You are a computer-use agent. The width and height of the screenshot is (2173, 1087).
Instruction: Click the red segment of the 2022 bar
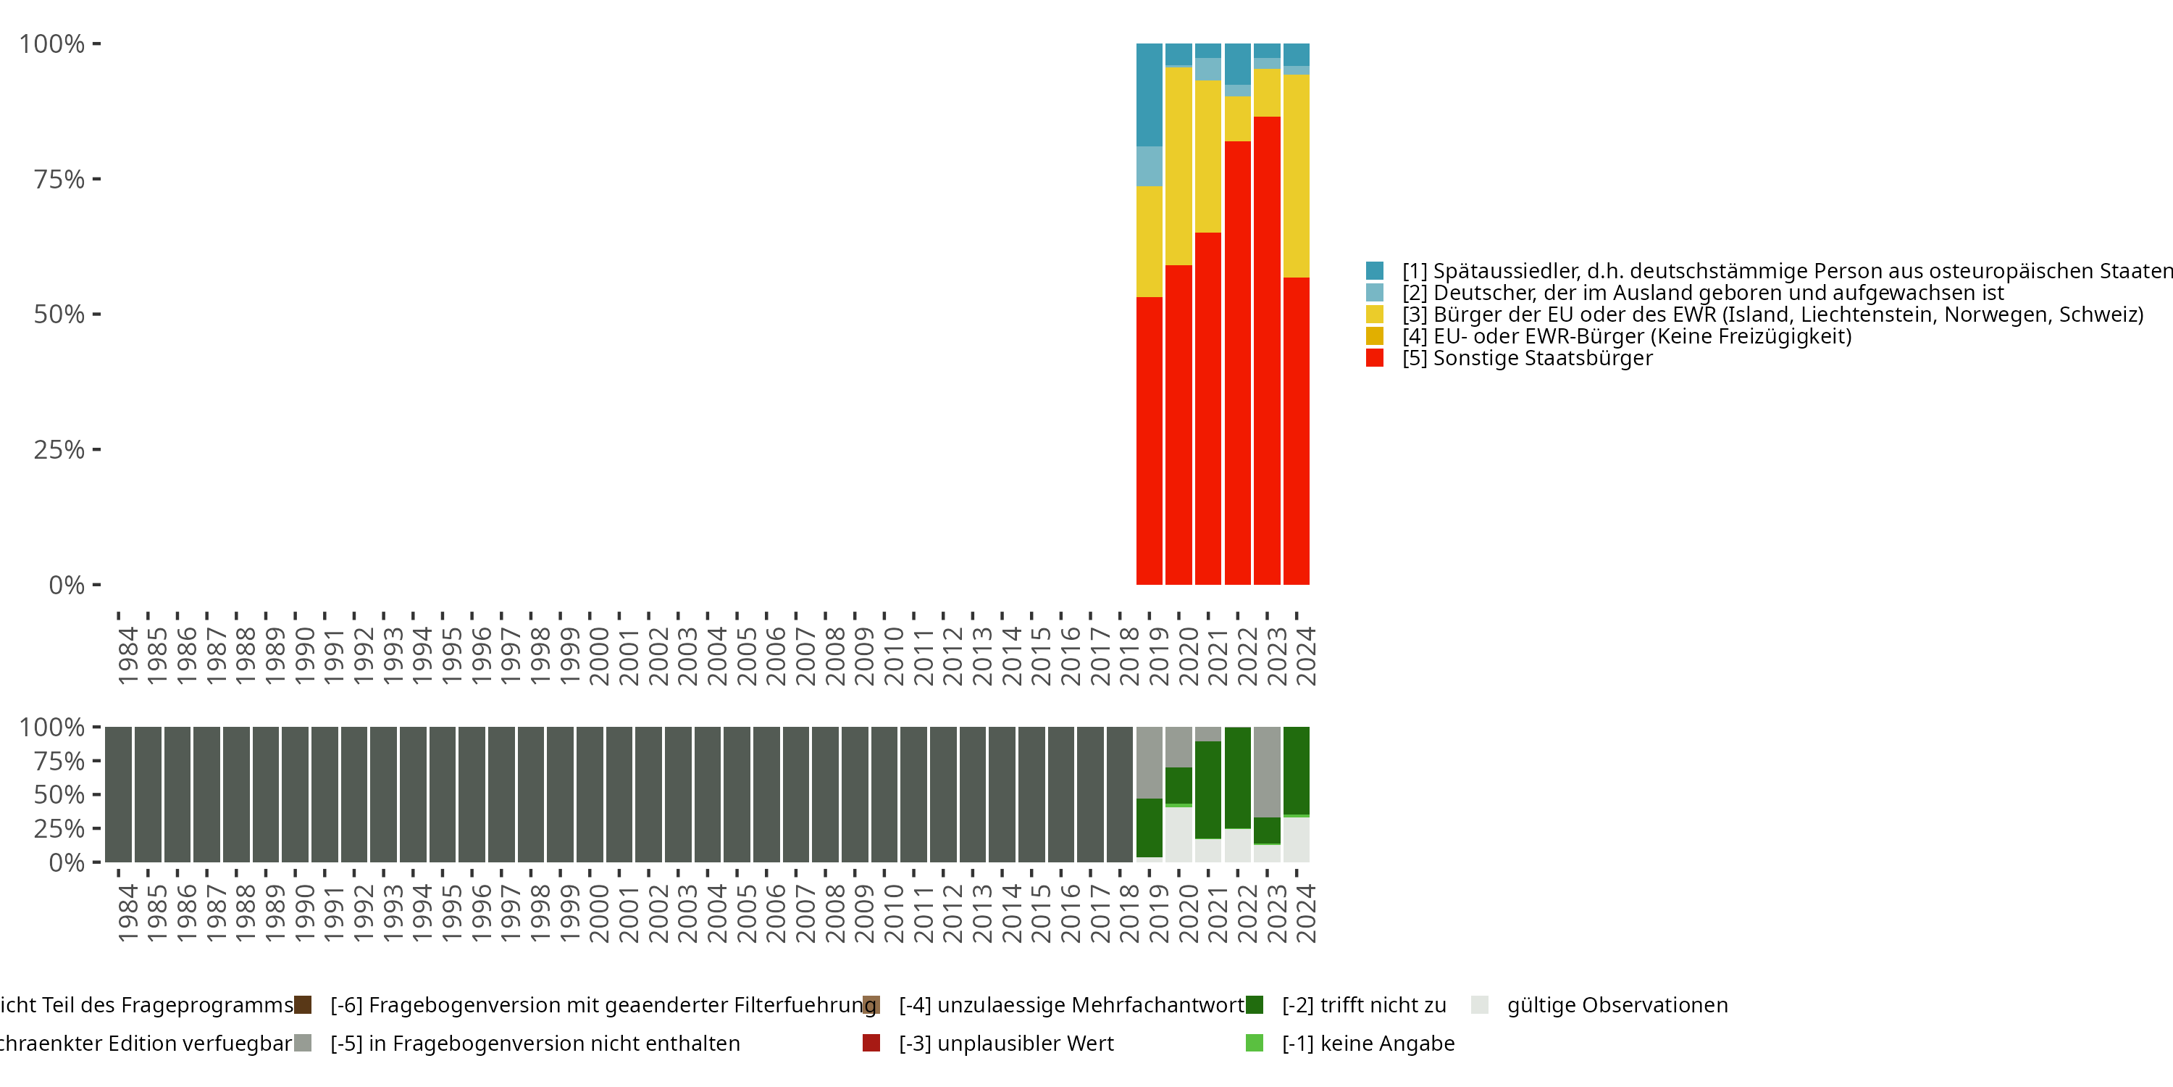(x=1237, y=363)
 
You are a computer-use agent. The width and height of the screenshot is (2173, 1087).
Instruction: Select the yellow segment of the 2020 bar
(x=1178, y=166)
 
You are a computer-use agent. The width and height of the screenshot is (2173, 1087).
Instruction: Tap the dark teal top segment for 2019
(x=1149, y=94)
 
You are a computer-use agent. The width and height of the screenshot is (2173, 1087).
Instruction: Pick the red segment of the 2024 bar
(x=1297, y=430)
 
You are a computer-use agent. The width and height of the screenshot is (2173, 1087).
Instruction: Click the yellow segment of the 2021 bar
(x=1208, y=156)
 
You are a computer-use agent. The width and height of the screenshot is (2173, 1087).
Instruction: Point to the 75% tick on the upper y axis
(x=96, y=179)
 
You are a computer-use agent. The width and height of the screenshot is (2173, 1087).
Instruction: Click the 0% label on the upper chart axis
(x=67, y=585)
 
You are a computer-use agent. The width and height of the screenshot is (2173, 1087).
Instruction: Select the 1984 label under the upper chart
(x=127, y=656)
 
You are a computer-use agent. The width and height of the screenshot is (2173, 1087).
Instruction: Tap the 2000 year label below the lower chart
(x=599, y=913)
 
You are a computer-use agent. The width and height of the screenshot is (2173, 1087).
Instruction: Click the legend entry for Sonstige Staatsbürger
(x=1527, y=358)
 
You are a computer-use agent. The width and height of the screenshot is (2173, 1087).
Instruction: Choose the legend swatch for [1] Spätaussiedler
(x=1375, y=271)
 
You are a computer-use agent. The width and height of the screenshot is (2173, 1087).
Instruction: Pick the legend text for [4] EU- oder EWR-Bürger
(x=1626, y=336)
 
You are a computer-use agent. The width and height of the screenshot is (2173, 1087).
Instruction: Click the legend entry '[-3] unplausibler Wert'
(x=1005, y=1043)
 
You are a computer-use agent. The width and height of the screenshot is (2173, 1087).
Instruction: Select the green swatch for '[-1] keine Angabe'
(x=1255, y=1043)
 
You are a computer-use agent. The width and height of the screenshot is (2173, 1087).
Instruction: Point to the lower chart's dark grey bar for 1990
(x=296, y=794)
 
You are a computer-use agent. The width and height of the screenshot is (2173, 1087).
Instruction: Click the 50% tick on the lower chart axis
(x=96, y=794)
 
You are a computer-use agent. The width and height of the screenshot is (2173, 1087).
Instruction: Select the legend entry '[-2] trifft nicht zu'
(x=1363, y=1005)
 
